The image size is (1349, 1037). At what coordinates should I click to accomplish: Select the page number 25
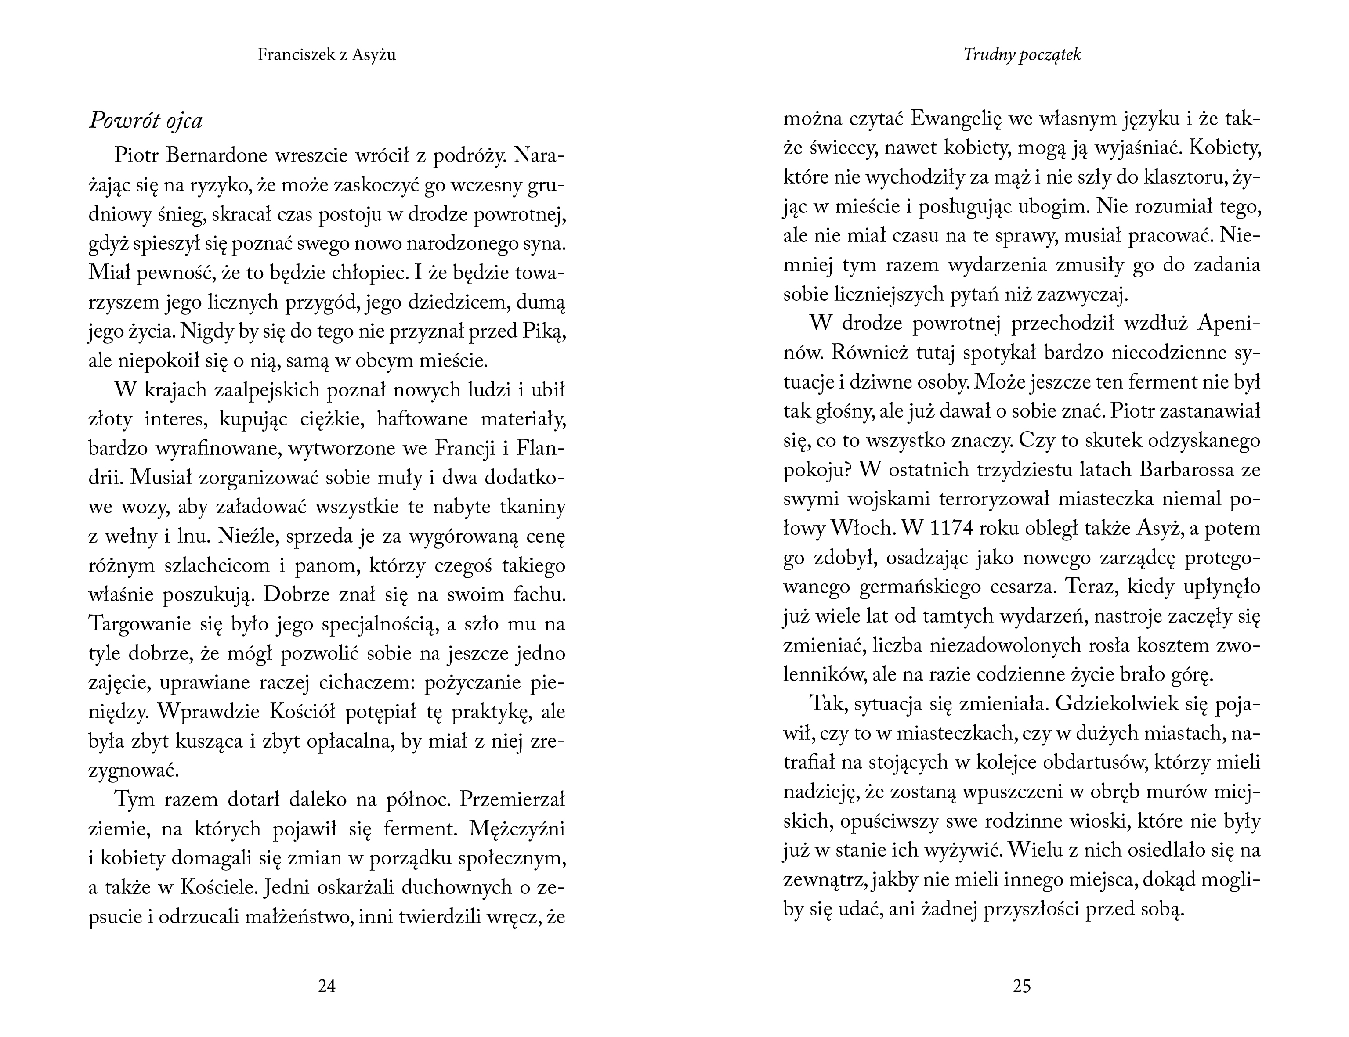pyautogui.click(x=1022, y=987)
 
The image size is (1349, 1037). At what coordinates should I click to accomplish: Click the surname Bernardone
pyautogui.click(x=217, y=155)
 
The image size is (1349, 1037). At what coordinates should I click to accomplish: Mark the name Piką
pyautogui.click(x=544, y=331)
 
